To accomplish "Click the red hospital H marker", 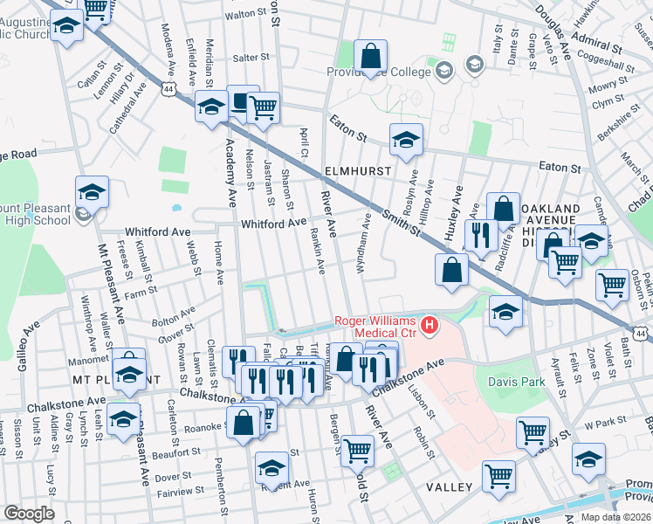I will point(429,327).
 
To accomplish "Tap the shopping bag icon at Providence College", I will point(371,57).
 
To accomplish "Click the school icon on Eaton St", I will point(405,141).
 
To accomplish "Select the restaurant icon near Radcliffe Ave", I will point(479,235).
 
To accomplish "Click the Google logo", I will point(29,514).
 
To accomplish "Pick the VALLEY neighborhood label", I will point(450,486).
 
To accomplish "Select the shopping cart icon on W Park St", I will point(532,432).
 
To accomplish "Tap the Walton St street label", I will point(244,14).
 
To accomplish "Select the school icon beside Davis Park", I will point(505,312).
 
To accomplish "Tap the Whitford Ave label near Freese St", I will point(157,232).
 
